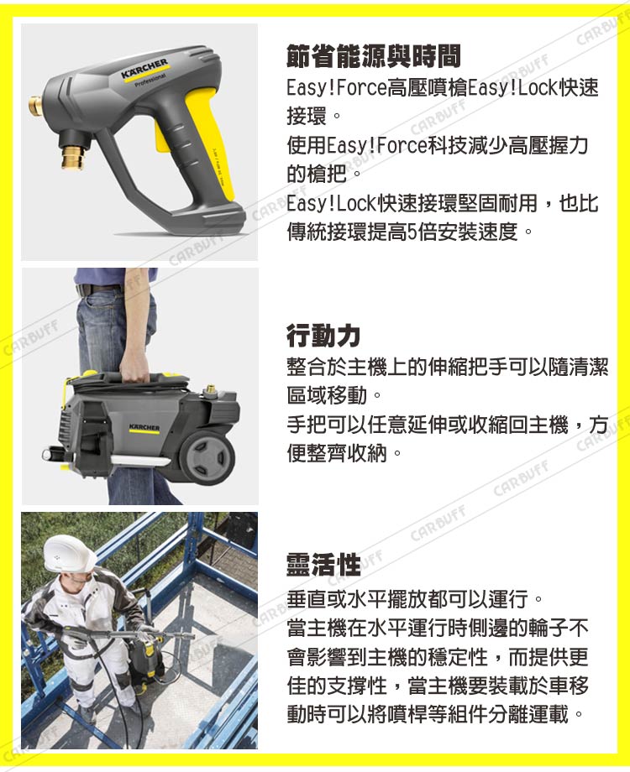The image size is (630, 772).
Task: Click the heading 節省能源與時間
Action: (374, 55)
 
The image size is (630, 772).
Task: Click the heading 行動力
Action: (323, 336)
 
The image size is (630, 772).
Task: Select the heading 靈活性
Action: (323, 564)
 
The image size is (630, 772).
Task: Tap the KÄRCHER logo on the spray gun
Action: (144, 69)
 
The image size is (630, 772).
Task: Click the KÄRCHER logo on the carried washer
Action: (144, 427)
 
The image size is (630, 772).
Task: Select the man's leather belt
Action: (98, 289)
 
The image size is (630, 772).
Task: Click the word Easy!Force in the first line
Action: (336, 88)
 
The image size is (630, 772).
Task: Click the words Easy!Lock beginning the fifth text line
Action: (331, 203)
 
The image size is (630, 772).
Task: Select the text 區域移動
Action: (327, 395)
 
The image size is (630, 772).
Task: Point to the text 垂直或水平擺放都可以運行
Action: (407, 599)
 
